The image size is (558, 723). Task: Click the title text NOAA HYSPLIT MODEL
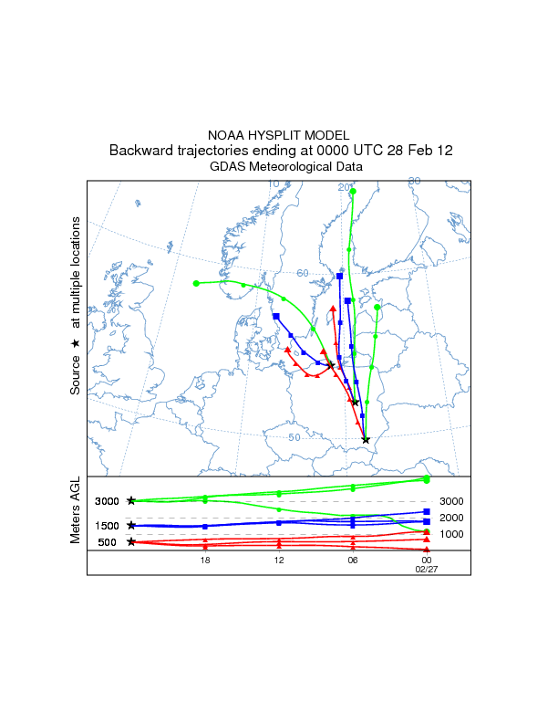click(x=278, y=135)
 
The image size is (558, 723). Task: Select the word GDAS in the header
click(x=228, y=167)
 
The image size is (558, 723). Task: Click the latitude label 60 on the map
click(x=303, y=273)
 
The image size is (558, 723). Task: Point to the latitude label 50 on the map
click(x=294, y=437)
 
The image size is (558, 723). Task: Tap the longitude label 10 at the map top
click(x=274, y=184)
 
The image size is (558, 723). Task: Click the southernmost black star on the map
click(x=366, y=440)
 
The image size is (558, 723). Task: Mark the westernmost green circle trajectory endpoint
click(x=196, y=283)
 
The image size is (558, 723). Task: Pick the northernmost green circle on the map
click(x=352, y=191)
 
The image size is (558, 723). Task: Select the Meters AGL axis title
click(x=76, y=513)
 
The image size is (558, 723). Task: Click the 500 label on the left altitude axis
click(x=107, y=542)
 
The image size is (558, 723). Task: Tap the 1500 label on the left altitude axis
click(x=107, y=526)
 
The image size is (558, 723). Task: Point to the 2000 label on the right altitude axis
click(x=452, y=518)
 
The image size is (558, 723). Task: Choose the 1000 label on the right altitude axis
click(x=452, y=534)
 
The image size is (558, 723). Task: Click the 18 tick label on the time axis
click(x=205, y=560)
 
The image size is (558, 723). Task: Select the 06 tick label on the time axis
click(x=352, y=560)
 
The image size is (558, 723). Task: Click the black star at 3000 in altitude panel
click(x=132, y=501)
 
